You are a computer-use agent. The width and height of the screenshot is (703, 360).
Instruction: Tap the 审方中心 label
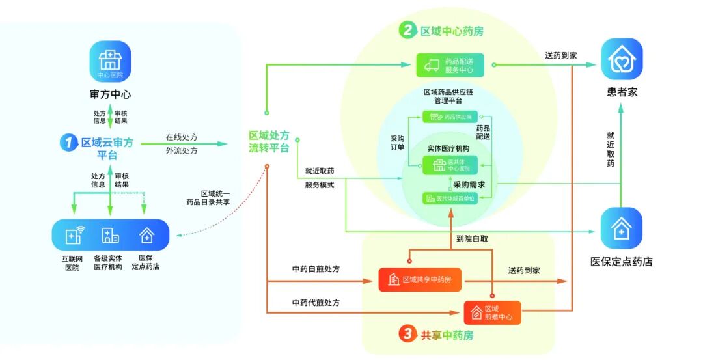110,94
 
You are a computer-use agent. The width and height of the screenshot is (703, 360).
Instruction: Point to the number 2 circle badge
407,30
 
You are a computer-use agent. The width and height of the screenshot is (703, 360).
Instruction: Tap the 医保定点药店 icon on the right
621,228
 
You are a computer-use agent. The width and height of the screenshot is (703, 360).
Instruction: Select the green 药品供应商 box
450,117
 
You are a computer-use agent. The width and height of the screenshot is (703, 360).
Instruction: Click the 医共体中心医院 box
450,165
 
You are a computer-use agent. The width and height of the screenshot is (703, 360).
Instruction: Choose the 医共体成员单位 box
450,198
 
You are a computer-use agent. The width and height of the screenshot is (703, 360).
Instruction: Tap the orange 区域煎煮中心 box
492,312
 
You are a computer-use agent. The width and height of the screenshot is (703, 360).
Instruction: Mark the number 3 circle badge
407,335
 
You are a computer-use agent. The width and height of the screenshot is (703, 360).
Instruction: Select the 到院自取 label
472,239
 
